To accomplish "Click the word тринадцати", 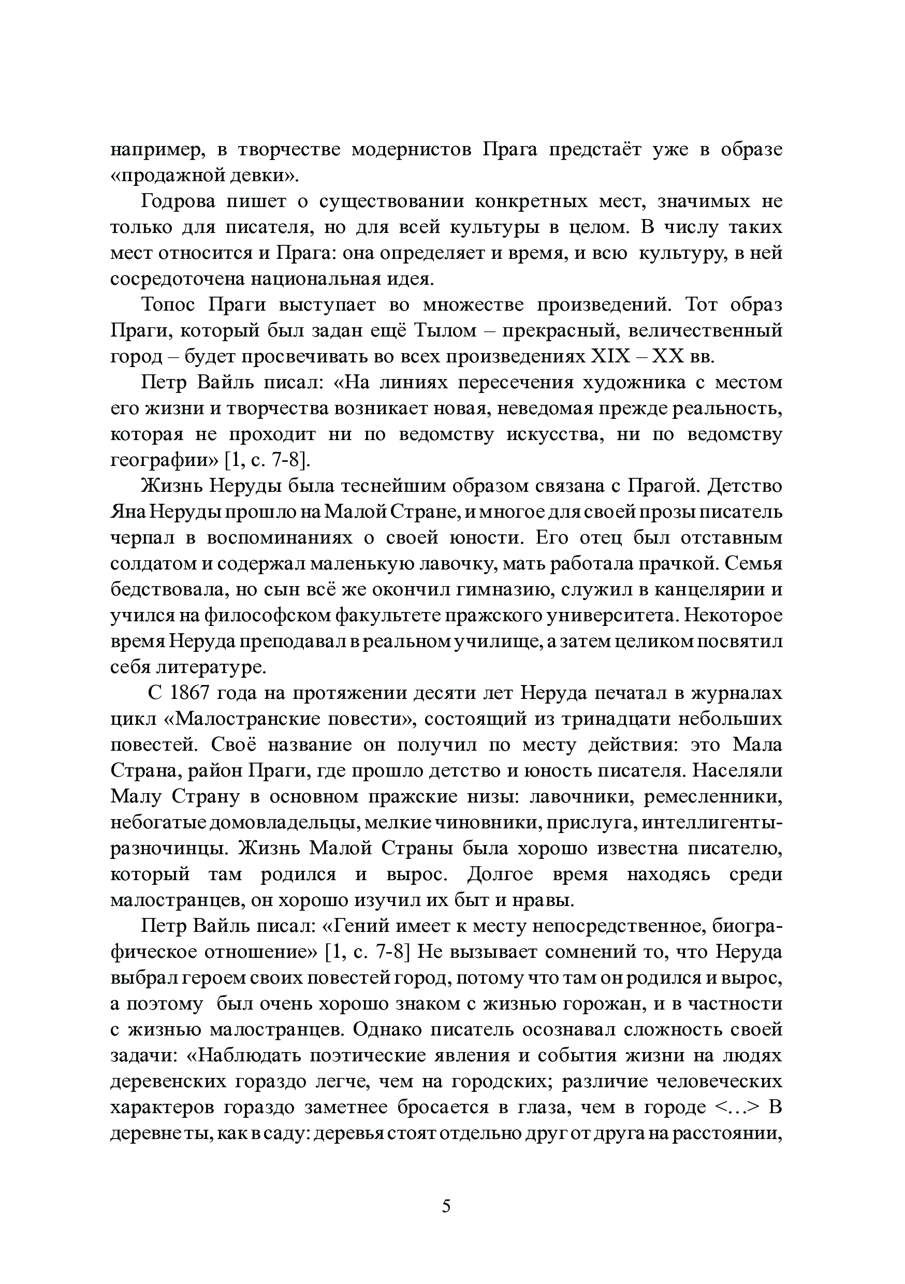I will (607, 719).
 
